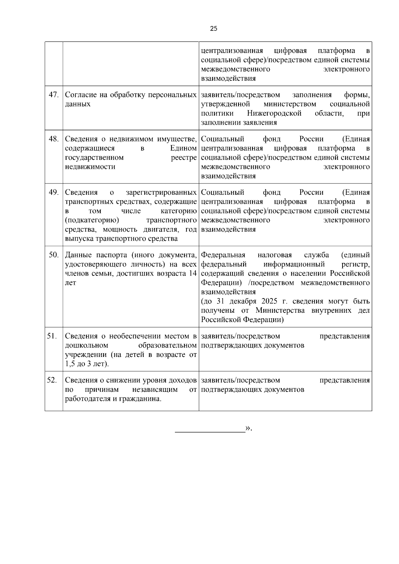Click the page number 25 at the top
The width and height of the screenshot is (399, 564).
point(214,29)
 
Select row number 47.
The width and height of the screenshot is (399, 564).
point(54,95)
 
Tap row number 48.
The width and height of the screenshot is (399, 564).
point(54,139)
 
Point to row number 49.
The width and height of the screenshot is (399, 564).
point(54,192)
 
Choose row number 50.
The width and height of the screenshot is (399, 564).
point(54,255)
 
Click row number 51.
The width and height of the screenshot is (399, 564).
point(52,336)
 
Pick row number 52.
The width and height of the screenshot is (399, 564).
point(52,380)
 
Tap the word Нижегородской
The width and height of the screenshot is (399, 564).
point(274,113)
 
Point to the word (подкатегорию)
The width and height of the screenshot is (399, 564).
point(92,220)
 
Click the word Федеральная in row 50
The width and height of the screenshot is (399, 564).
point(223,255)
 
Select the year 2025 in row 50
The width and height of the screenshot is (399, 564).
point(269,301)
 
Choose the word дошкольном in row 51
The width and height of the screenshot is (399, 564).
point(86,345)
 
